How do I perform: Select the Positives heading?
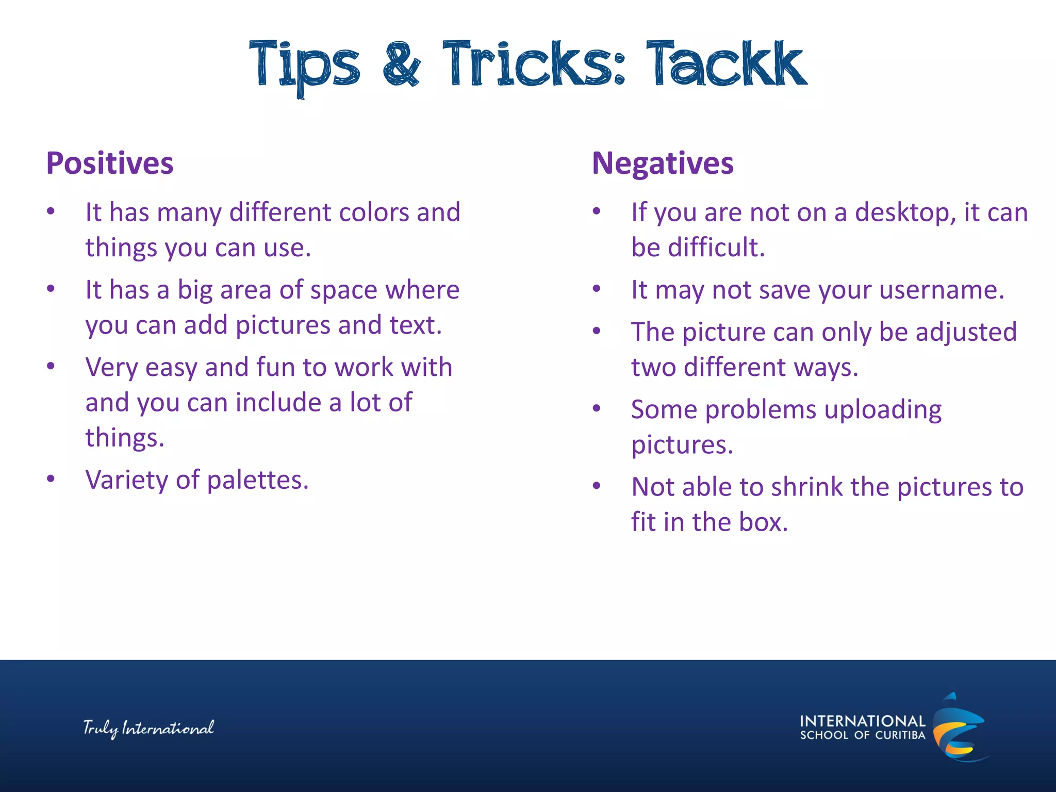coord(110,163)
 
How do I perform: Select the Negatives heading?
coord(663,163)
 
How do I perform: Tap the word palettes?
coord(257,481)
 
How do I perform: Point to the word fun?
coord(275,368)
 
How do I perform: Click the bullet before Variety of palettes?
coord(51,479)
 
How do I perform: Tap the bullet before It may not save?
coord(597,289)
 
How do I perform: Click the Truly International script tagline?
coord(148,728)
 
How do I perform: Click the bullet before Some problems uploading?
coord(597,408)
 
